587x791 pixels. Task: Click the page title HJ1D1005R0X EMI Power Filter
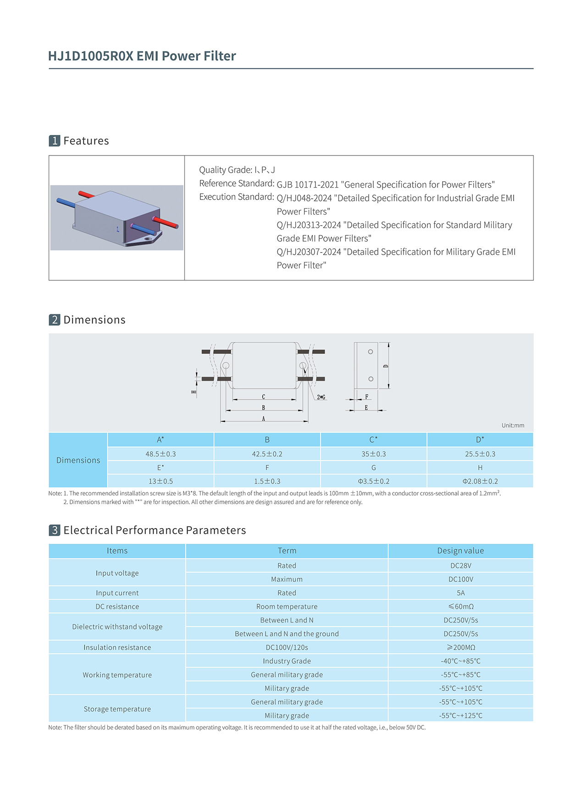[x=142, y=56]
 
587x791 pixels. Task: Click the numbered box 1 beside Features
[x=55, y=141]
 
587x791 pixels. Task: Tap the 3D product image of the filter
[x=117, y=217]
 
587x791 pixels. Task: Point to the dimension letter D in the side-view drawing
[x=386, y=366]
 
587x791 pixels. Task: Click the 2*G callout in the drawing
[x=321, y=397]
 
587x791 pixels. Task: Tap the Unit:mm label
[x=513, y=425]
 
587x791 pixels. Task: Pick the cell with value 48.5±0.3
[x=161, y=454]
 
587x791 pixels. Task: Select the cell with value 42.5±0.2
[x=267, y=454]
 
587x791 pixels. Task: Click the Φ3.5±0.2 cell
[x=373, y=481]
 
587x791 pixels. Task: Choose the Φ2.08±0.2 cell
[x=480, y=481]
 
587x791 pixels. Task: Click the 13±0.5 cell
[x=161, y=481]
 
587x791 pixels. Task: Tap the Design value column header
[x=460, y=551]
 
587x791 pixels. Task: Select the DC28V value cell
[x=460, y=566]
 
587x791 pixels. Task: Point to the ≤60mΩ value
[x=460, y=607]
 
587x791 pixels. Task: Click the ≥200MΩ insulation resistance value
[x=460, y=647]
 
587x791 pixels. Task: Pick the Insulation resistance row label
[x=117, y=647]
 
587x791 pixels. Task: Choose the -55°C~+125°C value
[x=460, y=715]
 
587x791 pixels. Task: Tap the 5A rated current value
[x=460, y=593]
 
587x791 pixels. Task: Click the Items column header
[x=117, y=551]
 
